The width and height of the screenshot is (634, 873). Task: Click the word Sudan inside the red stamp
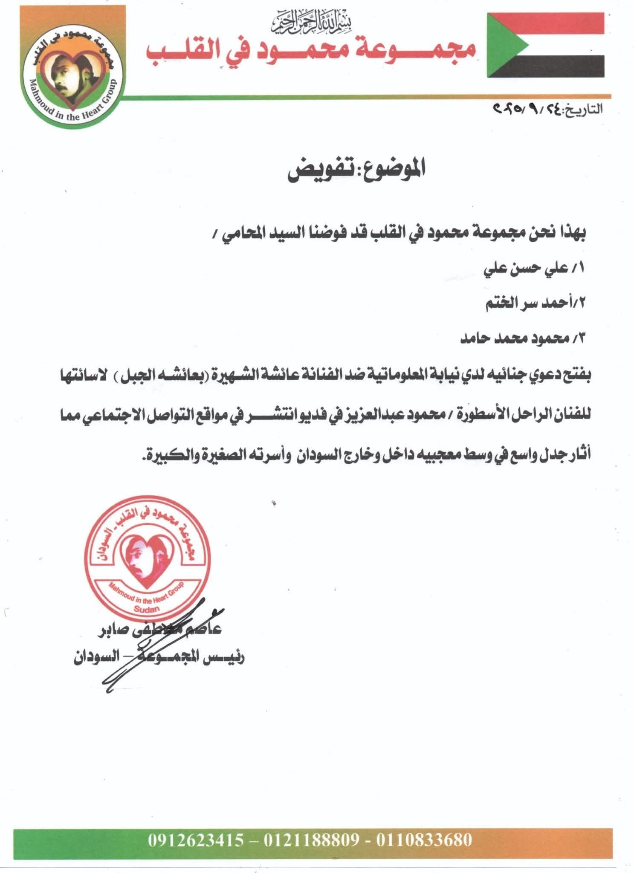(146, 609)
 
